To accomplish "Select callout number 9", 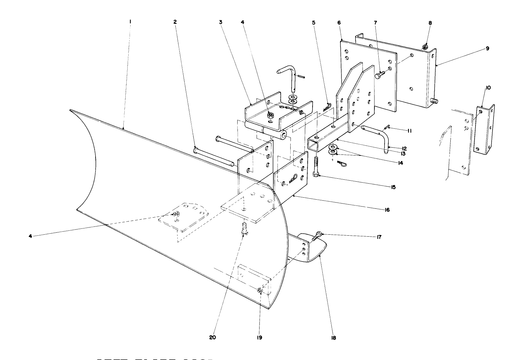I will click(487, 48).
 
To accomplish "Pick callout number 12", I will click(404, 149).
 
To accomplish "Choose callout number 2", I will click(175, 22).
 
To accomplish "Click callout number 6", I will click(339, 22).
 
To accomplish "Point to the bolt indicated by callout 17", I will click(316, 236).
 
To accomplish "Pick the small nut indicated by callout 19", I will click(260, 290).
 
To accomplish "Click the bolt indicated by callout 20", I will click(243, 228).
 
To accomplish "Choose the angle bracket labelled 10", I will click(484, 131).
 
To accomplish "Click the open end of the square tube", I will click(314, 144).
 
